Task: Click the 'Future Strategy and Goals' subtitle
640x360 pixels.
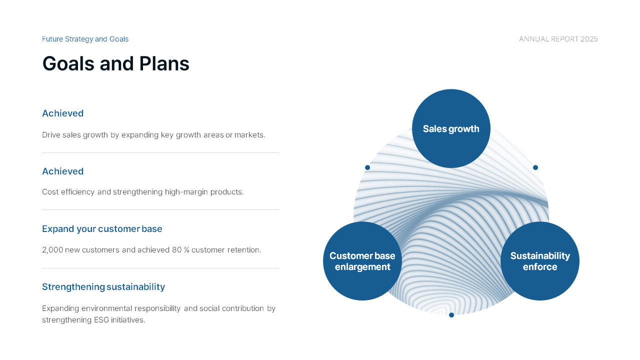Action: pos(85,39)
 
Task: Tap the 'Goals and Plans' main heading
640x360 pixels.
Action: pos(115,63)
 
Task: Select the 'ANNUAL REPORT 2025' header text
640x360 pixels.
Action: pos(558,39)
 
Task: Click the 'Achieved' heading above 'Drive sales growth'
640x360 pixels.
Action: pos(63,113)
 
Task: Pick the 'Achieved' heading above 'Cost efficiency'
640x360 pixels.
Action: pos(63,171)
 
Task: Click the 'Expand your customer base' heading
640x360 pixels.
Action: pos(102,229)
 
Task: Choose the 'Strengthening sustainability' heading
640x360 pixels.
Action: pos(103,287)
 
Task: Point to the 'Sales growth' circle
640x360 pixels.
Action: pos(451,128)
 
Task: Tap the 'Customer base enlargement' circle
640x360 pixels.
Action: pos(362,261)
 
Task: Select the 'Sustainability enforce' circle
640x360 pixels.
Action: pos(540,261)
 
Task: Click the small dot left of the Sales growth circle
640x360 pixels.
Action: pos(367,167)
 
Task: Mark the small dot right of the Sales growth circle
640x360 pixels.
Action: pos(535,167)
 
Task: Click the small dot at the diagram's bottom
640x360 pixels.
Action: pos(451,315)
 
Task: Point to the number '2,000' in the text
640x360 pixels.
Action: pos(52,250)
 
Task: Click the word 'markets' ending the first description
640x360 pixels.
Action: pos(249,135)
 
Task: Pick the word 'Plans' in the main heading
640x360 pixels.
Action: pos(164,63)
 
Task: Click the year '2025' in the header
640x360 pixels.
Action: pos(589,39)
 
